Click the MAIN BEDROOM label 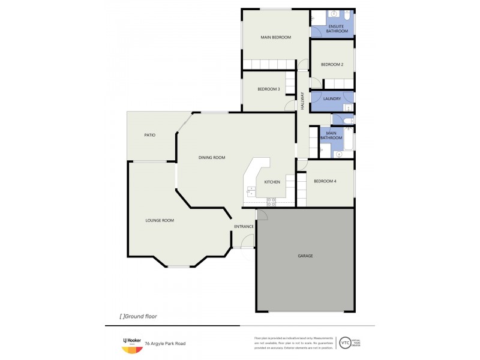pyautogui.click(x=275, y=37)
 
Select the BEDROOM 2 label pyautogui.click(x=332, y=65)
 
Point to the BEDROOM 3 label pyautogui.click(x=268, y=89)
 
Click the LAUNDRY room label pyautogui.click(x=332, y=99)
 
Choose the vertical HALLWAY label pyautogui.click(x=303, y=100)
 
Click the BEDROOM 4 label pyautogui.click(x=325, y=181)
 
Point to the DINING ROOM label pyautogui.click(x=212, y=158)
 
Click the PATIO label pyautogui.click(x=149, y=135)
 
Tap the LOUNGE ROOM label pyautogui.click(x=160, y=220)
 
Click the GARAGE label pyautogui.click(x=305, y=256)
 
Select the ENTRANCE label pyautogui.click(x=244, y=226)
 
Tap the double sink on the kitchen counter pyautogui.click(x=250, y=192)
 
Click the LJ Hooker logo pyautogui.click(x=132, y=344)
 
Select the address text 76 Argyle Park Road pyautogui.click(x=169, y=344)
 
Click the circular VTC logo pyautogui.click(x=345, y=343)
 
